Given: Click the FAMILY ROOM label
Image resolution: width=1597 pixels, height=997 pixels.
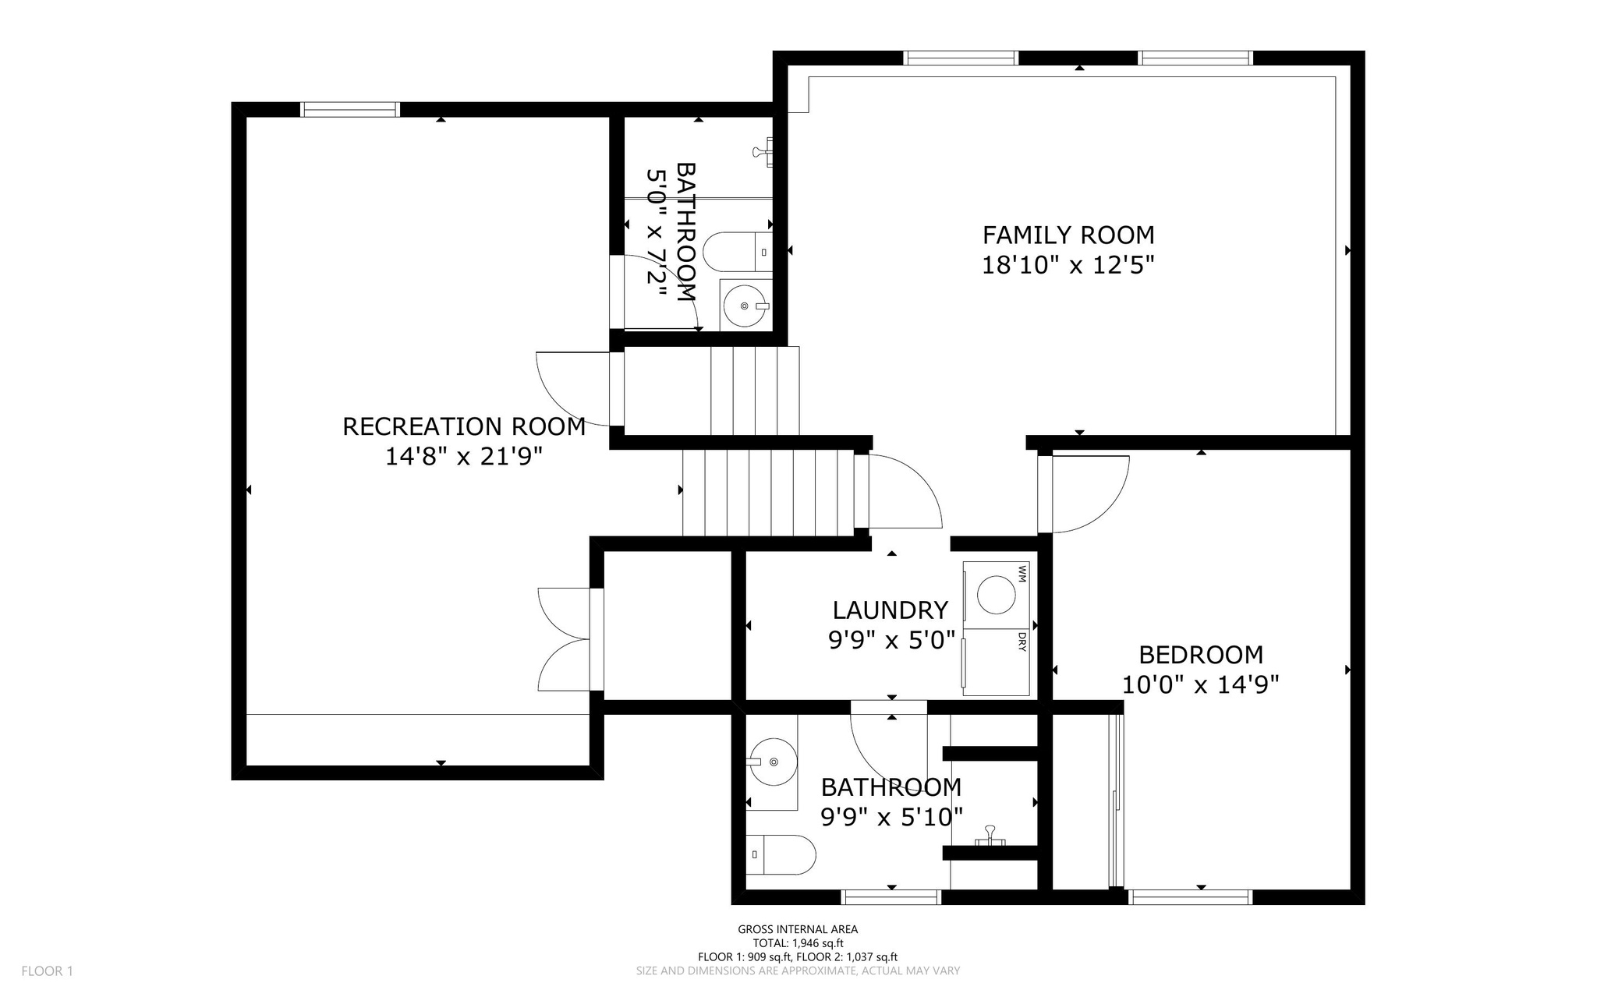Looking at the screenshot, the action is click(1068, 235).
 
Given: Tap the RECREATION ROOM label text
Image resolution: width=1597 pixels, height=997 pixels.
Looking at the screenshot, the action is click(464, 426).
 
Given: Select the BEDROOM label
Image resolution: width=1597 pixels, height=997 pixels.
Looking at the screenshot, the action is click(1201, 654).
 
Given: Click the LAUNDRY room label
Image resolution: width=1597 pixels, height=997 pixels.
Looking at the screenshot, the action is click(890, 610).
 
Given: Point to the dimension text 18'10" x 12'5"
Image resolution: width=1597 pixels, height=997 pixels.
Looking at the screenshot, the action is click(1068, 265).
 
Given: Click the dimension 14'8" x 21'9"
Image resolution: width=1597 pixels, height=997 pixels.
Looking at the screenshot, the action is click(464, 456).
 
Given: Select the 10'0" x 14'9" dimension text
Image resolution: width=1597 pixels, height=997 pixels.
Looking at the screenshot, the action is click(1201, 684).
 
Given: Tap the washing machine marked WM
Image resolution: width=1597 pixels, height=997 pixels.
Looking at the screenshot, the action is click(997, 596).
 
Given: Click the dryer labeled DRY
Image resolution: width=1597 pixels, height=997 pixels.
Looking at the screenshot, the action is click(997, 663).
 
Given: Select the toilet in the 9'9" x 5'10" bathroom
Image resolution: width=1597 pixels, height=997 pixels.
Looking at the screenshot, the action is click(781, 854).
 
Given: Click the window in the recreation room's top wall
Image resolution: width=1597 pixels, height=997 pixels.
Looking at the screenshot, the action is click(350, 110).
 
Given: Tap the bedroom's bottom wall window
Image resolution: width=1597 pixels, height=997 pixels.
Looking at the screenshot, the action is click(1190, 897).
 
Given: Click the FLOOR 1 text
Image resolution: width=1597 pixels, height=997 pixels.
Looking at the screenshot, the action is click(47, 971).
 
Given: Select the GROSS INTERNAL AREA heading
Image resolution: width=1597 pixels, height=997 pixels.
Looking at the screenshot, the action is click(798, 929).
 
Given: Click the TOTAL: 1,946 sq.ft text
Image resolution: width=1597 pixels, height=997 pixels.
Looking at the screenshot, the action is click(798, 943).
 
